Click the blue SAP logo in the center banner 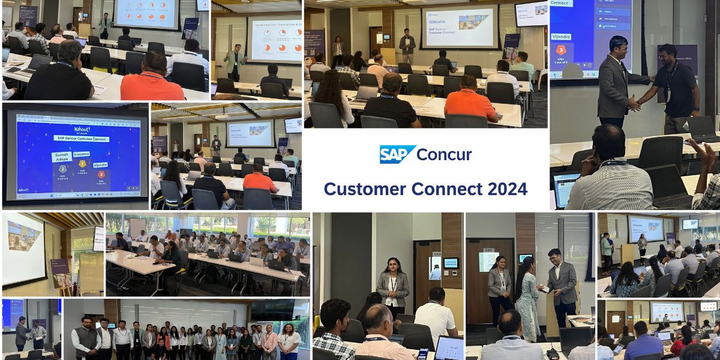click(x=398, y=154)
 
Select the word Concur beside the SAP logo click(x=444, y=154)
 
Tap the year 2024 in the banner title click(x=499, y=189)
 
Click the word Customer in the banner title click(x=362, y=189)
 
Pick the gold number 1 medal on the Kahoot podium click(x=83, y=163)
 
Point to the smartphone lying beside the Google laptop click(x=422, y=354)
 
